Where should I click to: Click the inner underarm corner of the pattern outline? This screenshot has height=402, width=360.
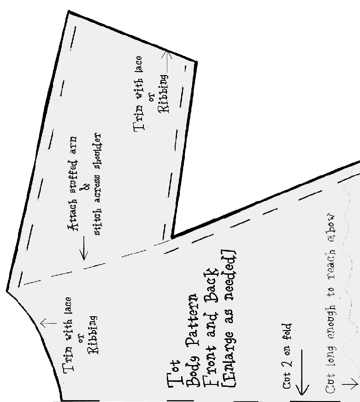[x=172, y=237]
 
